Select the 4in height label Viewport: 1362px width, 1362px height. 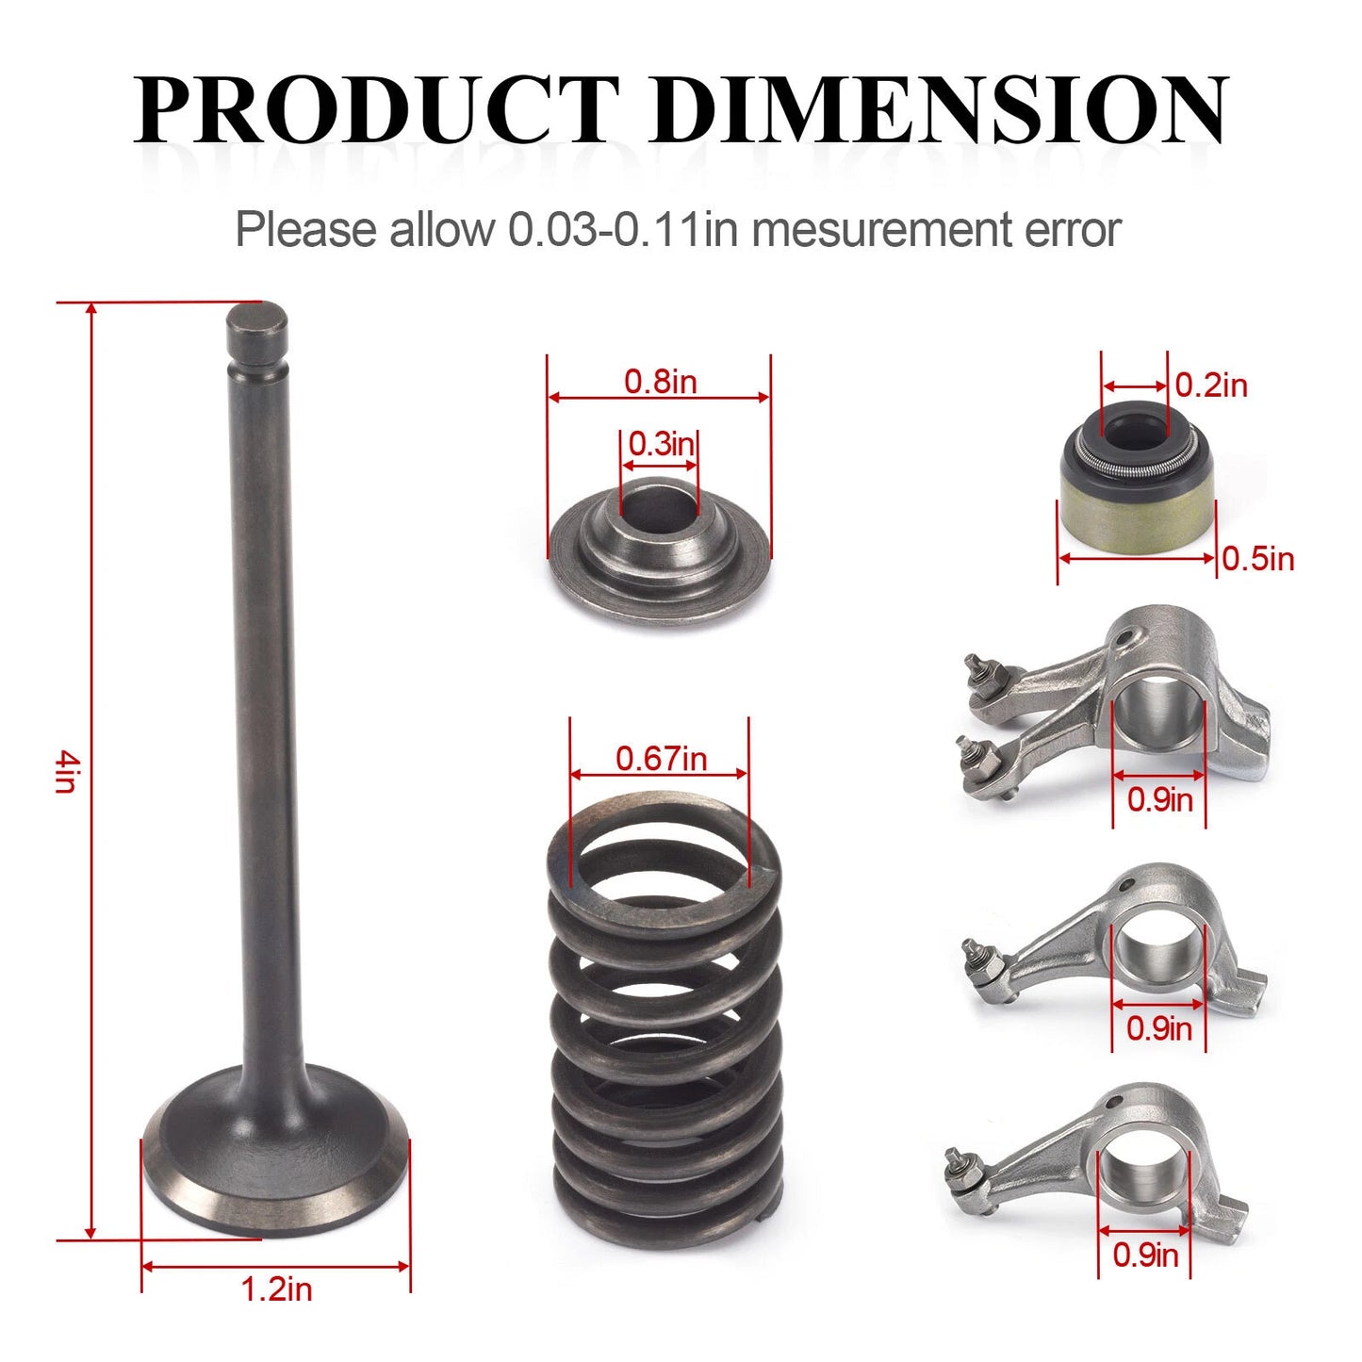coord(64,770)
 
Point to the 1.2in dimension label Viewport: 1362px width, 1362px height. coord(276,1288)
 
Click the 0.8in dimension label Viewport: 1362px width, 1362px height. coord(660,382)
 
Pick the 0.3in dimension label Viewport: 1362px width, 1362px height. coord(661,443)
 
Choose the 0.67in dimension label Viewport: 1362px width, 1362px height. coord(661,758)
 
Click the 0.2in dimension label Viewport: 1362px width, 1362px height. coord(1211,386)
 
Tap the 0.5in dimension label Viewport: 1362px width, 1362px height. coord(1257,559)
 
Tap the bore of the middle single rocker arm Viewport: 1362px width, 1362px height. coord(1158,951)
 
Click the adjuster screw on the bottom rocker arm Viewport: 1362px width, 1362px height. coord(960,1161)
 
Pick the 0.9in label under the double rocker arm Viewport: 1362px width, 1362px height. coord(1160,800)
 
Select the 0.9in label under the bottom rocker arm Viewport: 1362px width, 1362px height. coord(1145,1255)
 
